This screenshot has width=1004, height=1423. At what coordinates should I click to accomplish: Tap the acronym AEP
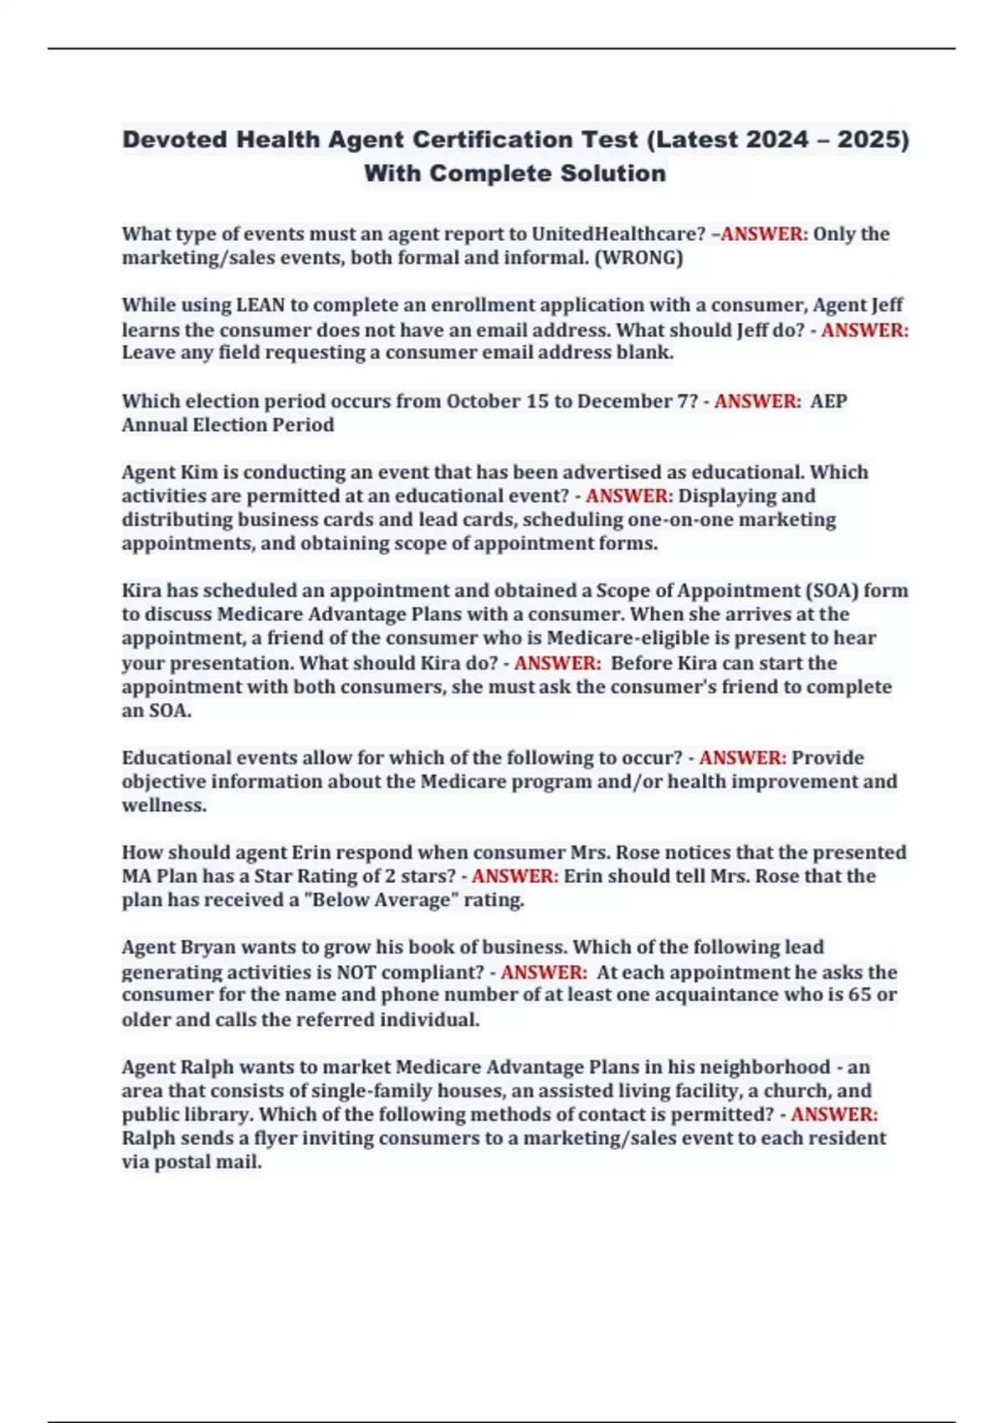pos(828,401)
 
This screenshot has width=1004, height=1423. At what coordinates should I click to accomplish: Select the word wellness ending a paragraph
pos(162,805)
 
